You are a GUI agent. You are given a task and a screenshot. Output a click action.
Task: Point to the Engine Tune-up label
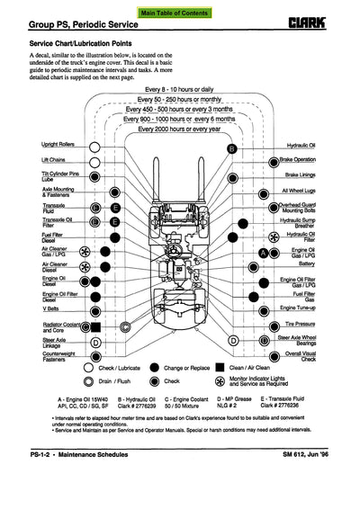(326, 308)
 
